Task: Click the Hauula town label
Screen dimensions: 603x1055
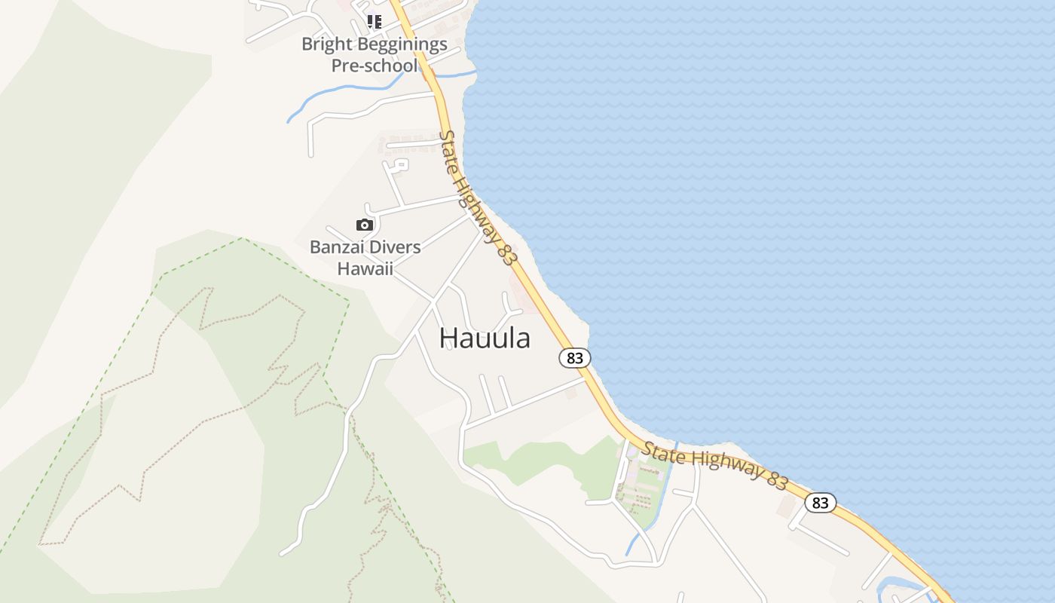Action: (485, 338)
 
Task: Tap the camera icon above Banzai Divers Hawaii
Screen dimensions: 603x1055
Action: (365, 225)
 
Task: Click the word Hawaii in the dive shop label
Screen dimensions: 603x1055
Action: (365, 268)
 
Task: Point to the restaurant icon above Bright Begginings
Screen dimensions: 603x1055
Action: (374, 21)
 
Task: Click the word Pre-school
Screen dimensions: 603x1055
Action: (374, 66)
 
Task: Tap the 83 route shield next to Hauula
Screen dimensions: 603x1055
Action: (575, 358)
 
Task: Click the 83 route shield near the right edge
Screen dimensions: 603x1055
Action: (820, 503)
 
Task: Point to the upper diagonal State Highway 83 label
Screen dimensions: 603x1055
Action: (478, 197)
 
